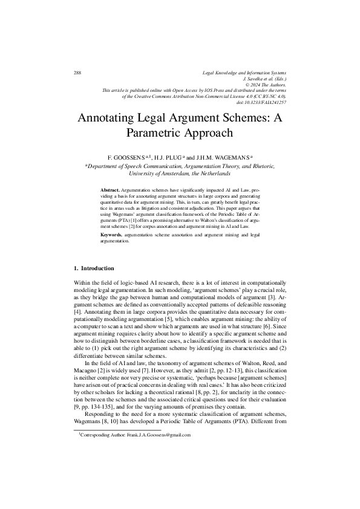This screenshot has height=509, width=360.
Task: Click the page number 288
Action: (x=77, y=73)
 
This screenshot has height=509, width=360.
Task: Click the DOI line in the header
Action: (x=264, y=102)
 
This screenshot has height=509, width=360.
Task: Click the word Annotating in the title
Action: (x=110, y=117)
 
